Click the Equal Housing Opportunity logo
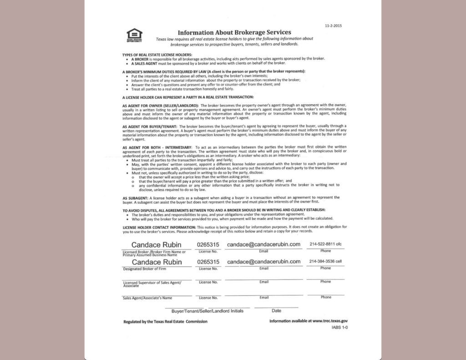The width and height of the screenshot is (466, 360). tap(134, 35)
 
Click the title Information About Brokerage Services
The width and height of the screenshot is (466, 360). tap(234, 32)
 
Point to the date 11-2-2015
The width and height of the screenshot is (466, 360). tap(333, 25)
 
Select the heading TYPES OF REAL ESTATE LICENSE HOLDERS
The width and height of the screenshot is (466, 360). tap(154, 54)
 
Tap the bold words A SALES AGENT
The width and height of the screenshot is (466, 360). tap(145, 63)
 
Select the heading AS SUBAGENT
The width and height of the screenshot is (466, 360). tap(136, 198)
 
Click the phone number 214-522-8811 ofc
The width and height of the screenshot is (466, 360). tap(325, 244)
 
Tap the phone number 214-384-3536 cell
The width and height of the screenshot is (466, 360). tap(325, 262)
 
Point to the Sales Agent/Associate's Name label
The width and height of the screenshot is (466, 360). tap(147, 298)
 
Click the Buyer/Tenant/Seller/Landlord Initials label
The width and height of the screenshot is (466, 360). tap(207, 311)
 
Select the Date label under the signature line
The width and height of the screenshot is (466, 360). tap(276, 311)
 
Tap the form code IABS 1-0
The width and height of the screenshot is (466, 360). tap(339, 327)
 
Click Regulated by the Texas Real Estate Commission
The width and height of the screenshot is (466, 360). tap(165, 321)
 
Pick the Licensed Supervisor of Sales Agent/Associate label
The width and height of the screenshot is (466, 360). tap(152, 284)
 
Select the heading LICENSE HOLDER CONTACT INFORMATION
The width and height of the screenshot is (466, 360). tap(159, 227)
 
